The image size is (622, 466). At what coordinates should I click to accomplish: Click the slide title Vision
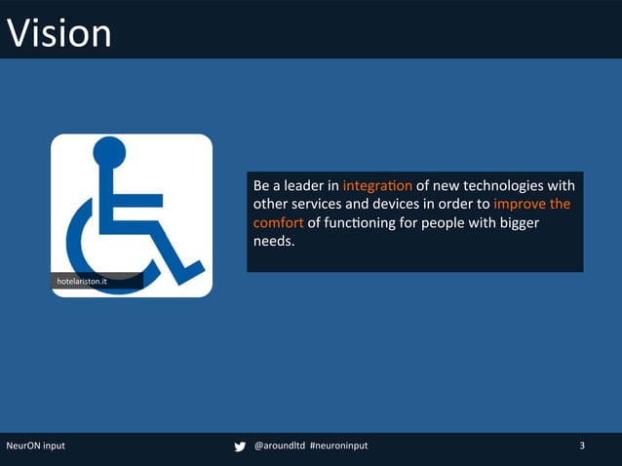tap(59, 33)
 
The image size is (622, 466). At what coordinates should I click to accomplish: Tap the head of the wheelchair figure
tap(108, 152)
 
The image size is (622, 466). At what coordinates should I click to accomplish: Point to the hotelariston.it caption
tap(83, 282)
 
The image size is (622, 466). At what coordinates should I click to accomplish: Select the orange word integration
tap(377, 185)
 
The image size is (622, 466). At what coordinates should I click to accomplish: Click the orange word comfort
tap(278, 223)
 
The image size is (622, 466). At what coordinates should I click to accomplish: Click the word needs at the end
tap(273, 242)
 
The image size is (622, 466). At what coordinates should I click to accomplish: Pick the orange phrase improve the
tap(531, 205)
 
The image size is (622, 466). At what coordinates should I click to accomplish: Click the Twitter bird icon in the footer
tap(240, 447)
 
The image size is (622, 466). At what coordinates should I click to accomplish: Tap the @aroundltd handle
tap(279, 446)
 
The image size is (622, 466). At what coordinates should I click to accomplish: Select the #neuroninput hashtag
tap(339, 446)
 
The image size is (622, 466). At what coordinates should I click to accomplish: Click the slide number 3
tap(582, 446)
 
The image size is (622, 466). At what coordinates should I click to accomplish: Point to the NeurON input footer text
tap(36, 446)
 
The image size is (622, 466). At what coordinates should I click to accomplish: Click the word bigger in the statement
tap(518, 223)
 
